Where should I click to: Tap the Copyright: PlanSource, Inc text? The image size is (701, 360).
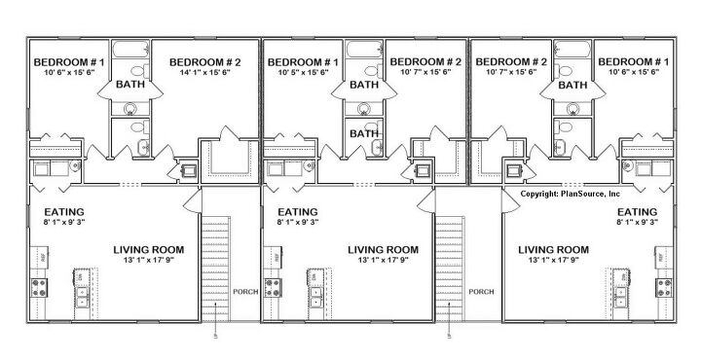tap(570, 195)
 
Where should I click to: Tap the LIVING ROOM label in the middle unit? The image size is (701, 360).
tap(385, 250)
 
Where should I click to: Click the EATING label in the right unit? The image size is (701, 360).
tap(638, 211)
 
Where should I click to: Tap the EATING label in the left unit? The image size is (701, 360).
tap(63, 211)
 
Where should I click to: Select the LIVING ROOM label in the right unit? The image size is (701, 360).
tap(553, 250)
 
